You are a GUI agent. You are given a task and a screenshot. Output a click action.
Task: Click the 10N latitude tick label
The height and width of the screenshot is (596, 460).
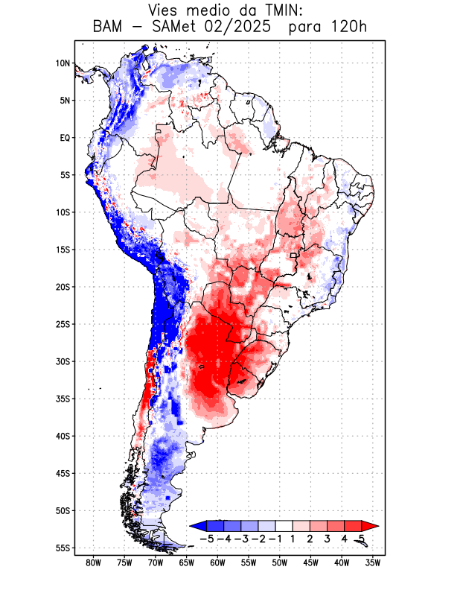(63, 63)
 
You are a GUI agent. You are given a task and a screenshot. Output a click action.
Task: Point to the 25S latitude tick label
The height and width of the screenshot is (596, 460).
(62, 324)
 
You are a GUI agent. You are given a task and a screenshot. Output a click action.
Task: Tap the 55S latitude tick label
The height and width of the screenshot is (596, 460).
(62, 548)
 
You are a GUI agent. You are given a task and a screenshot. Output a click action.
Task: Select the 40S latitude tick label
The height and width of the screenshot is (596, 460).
(62, 436)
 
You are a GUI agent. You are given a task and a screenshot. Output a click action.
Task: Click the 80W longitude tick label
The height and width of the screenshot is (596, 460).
(93, 562)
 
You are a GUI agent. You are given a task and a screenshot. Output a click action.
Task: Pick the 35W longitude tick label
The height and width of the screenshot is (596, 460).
(373, 562)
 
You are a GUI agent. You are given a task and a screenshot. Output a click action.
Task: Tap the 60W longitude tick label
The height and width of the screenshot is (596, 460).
(217, 562)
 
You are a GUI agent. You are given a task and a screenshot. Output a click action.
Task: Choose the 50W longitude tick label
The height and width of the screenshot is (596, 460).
(280, 562)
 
